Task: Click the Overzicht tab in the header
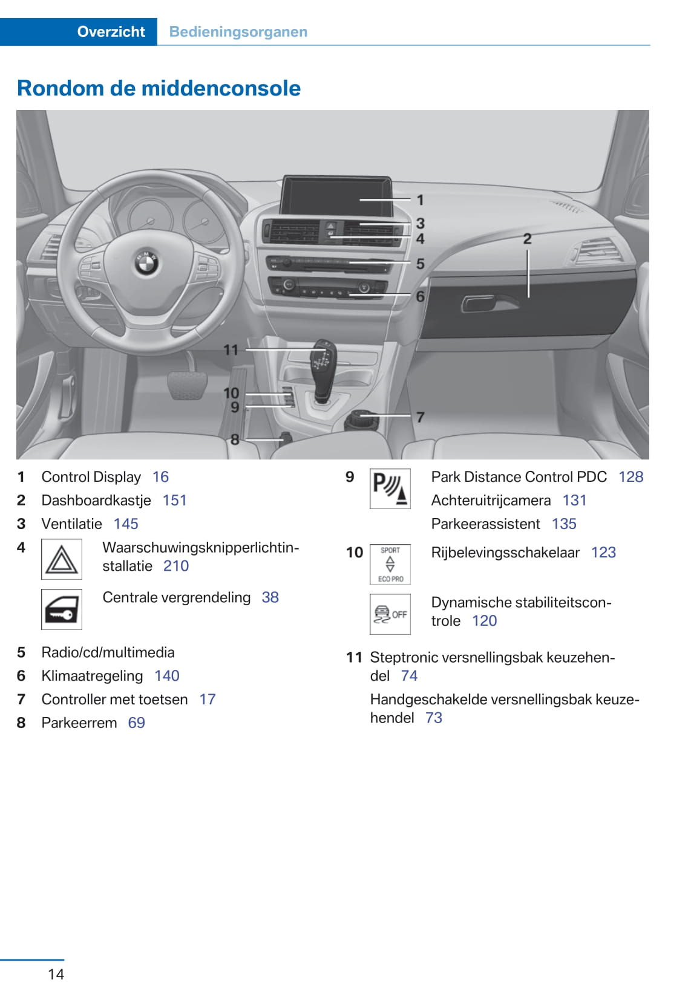pyautogui.click(x=111, y=31)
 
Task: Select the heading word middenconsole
pyautogui.click(x=221, y=88)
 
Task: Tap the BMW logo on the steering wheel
pyautogui.click(x=146, y=262)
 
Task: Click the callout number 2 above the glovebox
pyautogui.click(x=527, y=239)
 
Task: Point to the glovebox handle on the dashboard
pyautogui.click(x=482, y=303)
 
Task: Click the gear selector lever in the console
pyautogui.click(x=321, y=370)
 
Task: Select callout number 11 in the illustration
pyautogui.click(x=231, y=350)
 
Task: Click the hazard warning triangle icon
pyautogui.click(x=62, y=559)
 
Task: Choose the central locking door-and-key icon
pyautogui.click(x=62, y=609)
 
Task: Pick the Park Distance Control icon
pyautogui.click(x=390, y=489)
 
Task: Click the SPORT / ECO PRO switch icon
pyautogui.click(x=390, y=564)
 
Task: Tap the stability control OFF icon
pyautogui.click(x=390, y=614)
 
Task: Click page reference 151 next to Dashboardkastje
pyautogui.click(x=174, y=501)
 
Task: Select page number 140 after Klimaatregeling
pyautogui.click(x=166, y=676)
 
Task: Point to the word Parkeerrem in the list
pyautogui.click(x=79, y=723)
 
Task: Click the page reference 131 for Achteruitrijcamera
pyautogui.click(x=574, y=501)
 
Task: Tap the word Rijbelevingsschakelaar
pyautogui.click(x=505, y=553)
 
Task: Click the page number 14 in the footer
pyautogui.click(x=56, y=974)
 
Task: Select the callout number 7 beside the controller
pyautogui.click(x=420, y=417)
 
